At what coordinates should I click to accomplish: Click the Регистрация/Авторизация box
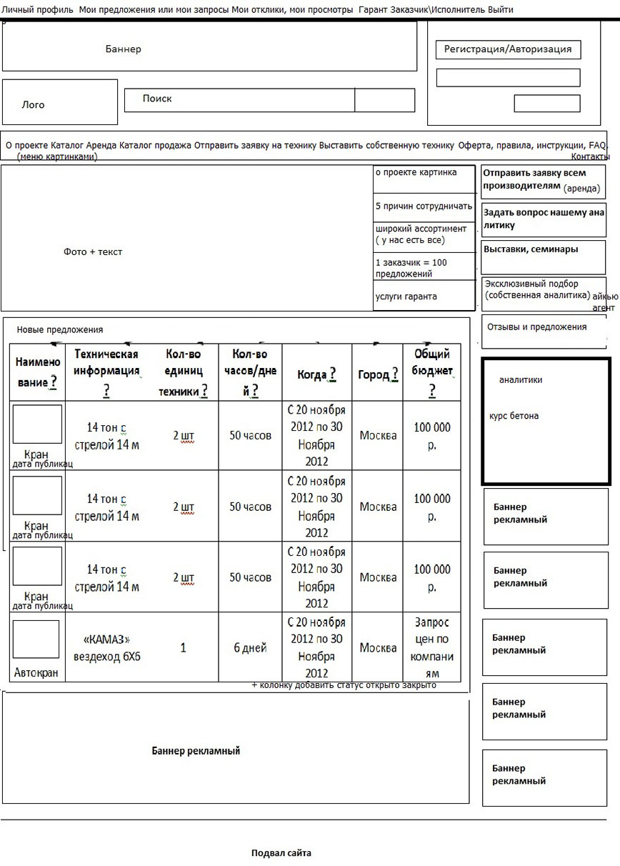(507, 49)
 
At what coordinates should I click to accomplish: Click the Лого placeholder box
(59, 103)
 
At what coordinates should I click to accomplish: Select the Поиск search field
(239, 100)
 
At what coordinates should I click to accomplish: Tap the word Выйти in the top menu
(500, 10)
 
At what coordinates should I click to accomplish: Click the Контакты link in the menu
(590, 156)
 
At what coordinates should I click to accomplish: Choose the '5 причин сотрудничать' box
(424, 206)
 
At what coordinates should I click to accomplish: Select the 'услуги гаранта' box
(424, 296)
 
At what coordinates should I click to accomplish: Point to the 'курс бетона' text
(514, 416)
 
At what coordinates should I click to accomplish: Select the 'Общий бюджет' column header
(432, 372)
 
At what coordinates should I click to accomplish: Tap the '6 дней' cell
(250, 648)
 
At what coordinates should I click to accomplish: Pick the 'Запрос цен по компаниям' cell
(432, 648)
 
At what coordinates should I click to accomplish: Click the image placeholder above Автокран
(36, 639)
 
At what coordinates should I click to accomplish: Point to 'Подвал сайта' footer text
(281, 853)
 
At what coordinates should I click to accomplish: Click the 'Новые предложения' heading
(60, 329)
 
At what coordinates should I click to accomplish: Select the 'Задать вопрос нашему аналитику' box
(544, 219)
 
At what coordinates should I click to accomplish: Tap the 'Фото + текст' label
(93, 252)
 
